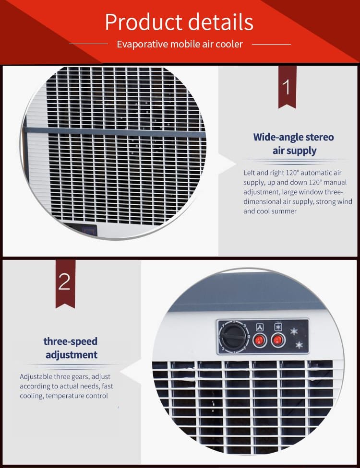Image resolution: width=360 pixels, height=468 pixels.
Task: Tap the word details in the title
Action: [221, 22]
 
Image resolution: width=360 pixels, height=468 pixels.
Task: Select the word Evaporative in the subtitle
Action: [143, 44]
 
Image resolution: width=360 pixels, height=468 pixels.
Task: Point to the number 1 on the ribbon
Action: [287, 87]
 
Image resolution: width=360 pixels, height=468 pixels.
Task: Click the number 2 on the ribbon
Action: [64, 282]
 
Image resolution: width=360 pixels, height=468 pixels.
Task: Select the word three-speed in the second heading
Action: [71, 341]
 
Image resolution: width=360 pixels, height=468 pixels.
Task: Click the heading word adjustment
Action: [72, 355]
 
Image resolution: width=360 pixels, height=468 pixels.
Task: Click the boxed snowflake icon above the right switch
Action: [278, 327]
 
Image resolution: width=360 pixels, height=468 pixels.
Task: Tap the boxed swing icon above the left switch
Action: [260, 327]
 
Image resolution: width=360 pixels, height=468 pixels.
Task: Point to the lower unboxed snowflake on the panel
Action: [299, 345]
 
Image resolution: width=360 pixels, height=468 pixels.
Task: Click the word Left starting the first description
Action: [249, 173]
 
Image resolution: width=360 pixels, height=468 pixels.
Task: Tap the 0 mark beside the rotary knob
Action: [249, 337]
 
